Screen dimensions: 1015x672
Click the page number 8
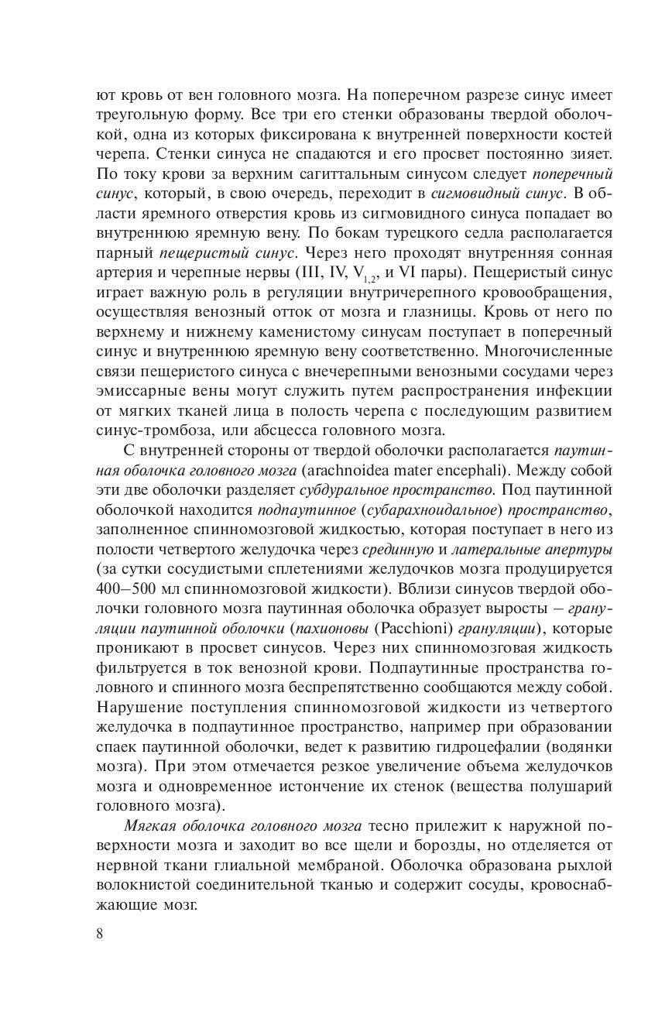pyautogui.click(x=100, y=933)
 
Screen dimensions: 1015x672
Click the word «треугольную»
pyautogui.click(x=144, y=115)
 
